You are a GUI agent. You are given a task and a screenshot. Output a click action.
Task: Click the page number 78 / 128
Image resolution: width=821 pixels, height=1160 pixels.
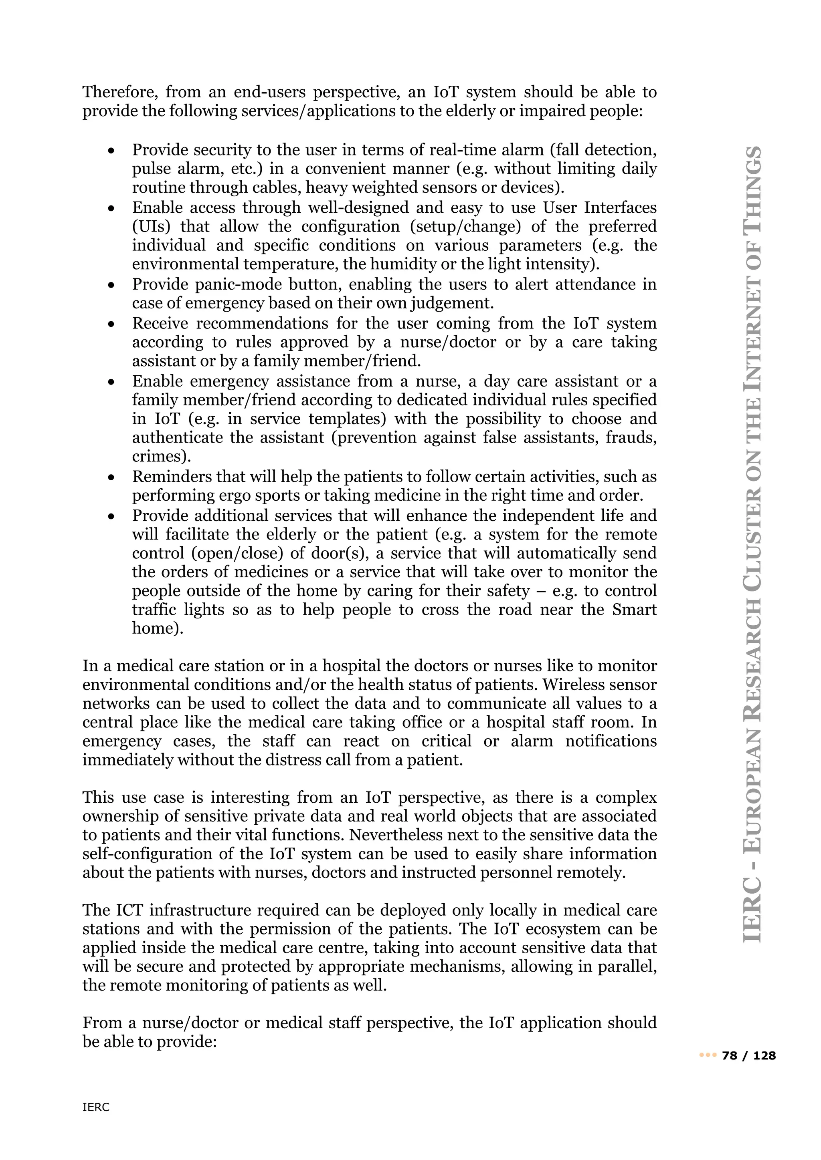point(749,1055)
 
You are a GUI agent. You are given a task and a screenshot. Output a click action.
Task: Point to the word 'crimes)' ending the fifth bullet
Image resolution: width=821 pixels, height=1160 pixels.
point(161,456)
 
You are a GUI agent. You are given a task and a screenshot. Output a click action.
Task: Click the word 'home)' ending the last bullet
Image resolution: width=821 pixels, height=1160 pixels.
point(157,628)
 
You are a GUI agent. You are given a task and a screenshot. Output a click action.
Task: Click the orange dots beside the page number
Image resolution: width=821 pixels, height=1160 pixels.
point(708,1055)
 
